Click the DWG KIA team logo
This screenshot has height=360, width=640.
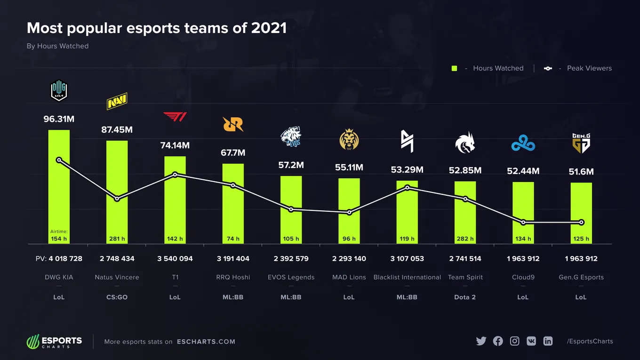click(59, 90)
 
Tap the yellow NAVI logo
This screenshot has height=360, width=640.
click(117, 101)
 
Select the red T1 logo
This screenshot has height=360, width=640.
click(175, 117)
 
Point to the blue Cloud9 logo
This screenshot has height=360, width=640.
click(523, 143)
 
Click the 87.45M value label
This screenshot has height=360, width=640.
click(117, 130)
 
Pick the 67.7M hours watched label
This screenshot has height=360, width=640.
click(233, 153)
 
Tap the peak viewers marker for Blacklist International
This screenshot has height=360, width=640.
click(408, 188)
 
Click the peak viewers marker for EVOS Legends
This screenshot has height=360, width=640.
click(291, 209)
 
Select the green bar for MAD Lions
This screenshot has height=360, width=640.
click(349, 211)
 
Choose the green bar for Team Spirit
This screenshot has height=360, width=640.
click(465, 213)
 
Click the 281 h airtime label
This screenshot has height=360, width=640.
click(117, 239)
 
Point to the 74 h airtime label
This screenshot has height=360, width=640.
click(233, 239)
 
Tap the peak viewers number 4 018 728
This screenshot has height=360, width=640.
click(65, 258)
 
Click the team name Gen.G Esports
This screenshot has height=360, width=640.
click(581, 277)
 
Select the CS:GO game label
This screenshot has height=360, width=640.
click(117, 297)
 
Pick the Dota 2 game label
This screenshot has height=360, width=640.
click(465, 297)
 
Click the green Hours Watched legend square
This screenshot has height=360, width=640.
click(454, 68)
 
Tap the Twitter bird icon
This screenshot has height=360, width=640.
click(481, 341)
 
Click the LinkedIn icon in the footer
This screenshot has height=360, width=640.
click(548, 341)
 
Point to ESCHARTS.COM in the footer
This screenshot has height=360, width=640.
click(206, 342)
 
